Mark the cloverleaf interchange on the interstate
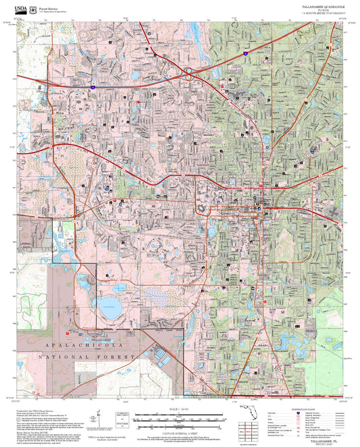(x=191, y=70)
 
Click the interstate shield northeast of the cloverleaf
(x=246, y=52)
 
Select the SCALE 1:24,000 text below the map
(x=180, y=410)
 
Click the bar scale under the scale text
(x=180, y=416)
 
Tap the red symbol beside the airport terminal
(x=67, y=332)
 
